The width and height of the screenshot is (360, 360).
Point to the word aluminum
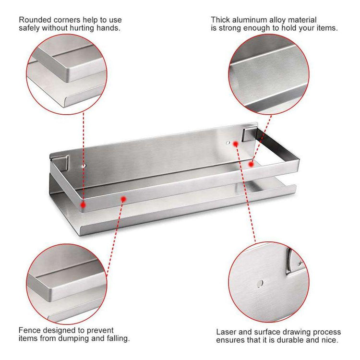[x=250, y=20]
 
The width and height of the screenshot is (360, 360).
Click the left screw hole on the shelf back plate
[x=84, y=166]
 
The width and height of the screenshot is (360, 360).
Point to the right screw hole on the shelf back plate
[x=228, y=143]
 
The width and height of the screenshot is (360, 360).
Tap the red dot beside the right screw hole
[x=236, y=144]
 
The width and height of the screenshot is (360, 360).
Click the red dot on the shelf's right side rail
[x=251, y=164]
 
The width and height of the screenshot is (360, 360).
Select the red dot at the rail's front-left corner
[x=83, y=205]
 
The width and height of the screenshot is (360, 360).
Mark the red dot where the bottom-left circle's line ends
[x=123, y=199]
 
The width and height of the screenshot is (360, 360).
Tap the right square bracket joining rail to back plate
[x=249, y=134]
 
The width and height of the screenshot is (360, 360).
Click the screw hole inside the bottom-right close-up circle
[x=260, y=284]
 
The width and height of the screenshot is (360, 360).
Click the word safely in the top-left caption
[x=29, y=28]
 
